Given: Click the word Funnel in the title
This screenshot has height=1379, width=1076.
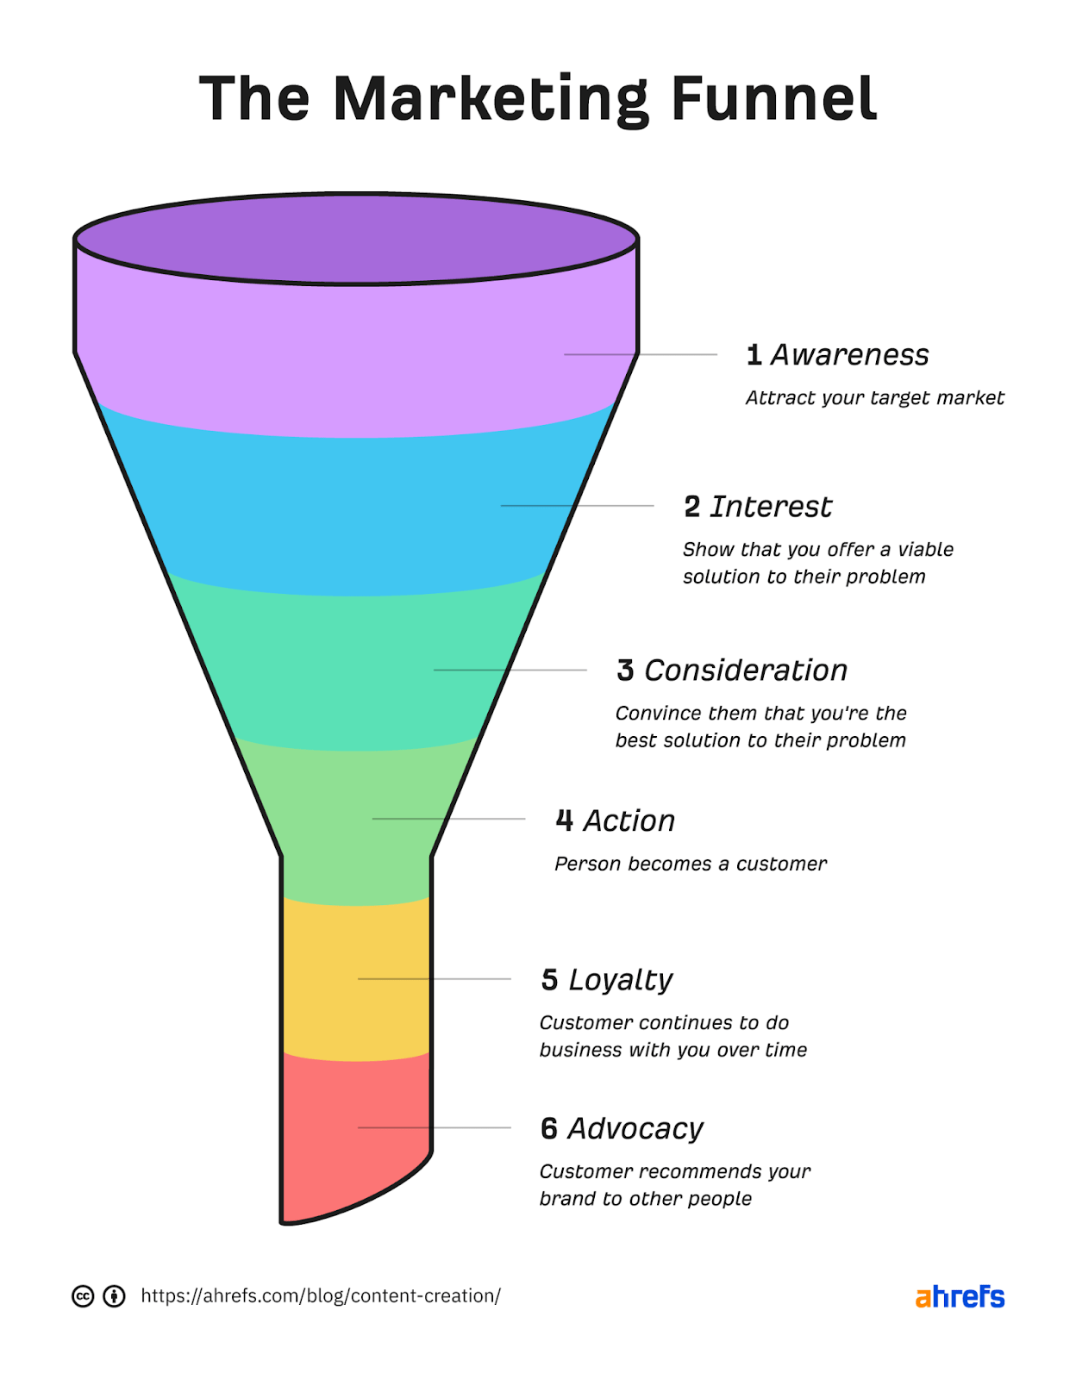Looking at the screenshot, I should coord(773,99).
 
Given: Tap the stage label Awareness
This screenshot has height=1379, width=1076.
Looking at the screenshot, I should coord(849,354).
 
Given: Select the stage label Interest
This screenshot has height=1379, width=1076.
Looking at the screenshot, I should coord(771,507).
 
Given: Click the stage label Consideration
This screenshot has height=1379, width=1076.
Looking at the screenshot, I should coord(746,671).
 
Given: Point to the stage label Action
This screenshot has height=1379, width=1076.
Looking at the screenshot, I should coord(629,821).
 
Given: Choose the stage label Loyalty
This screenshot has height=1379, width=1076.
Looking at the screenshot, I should coord(620,980).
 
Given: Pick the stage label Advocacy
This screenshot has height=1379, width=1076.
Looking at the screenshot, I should coord(635,1128).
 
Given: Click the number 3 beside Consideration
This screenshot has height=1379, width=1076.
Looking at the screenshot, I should coord(625,671).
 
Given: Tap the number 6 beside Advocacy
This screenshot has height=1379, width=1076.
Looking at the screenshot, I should coord(549,1128).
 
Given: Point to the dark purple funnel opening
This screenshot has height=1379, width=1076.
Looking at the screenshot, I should coord(355,239).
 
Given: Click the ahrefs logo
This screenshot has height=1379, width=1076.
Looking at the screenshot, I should coord(960,1296).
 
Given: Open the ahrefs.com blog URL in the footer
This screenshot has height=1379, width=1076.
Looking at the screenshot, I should coord(320,1295).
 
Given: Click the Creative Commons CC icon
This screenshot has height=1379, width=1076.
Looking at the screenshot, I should coord(83,1296).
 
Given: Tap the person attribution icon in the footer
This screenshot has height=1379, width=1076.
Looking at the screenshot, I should coord(114,1296).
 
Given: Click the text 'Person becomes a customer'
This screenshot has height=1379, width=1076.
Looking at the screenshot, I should coord(690,864).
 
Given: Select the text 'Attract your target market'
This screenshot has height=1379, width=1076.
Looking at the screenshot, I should coord(874,397).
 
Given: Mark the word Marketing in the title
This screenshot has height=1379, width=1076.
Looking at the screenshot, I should coord(490,99).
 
